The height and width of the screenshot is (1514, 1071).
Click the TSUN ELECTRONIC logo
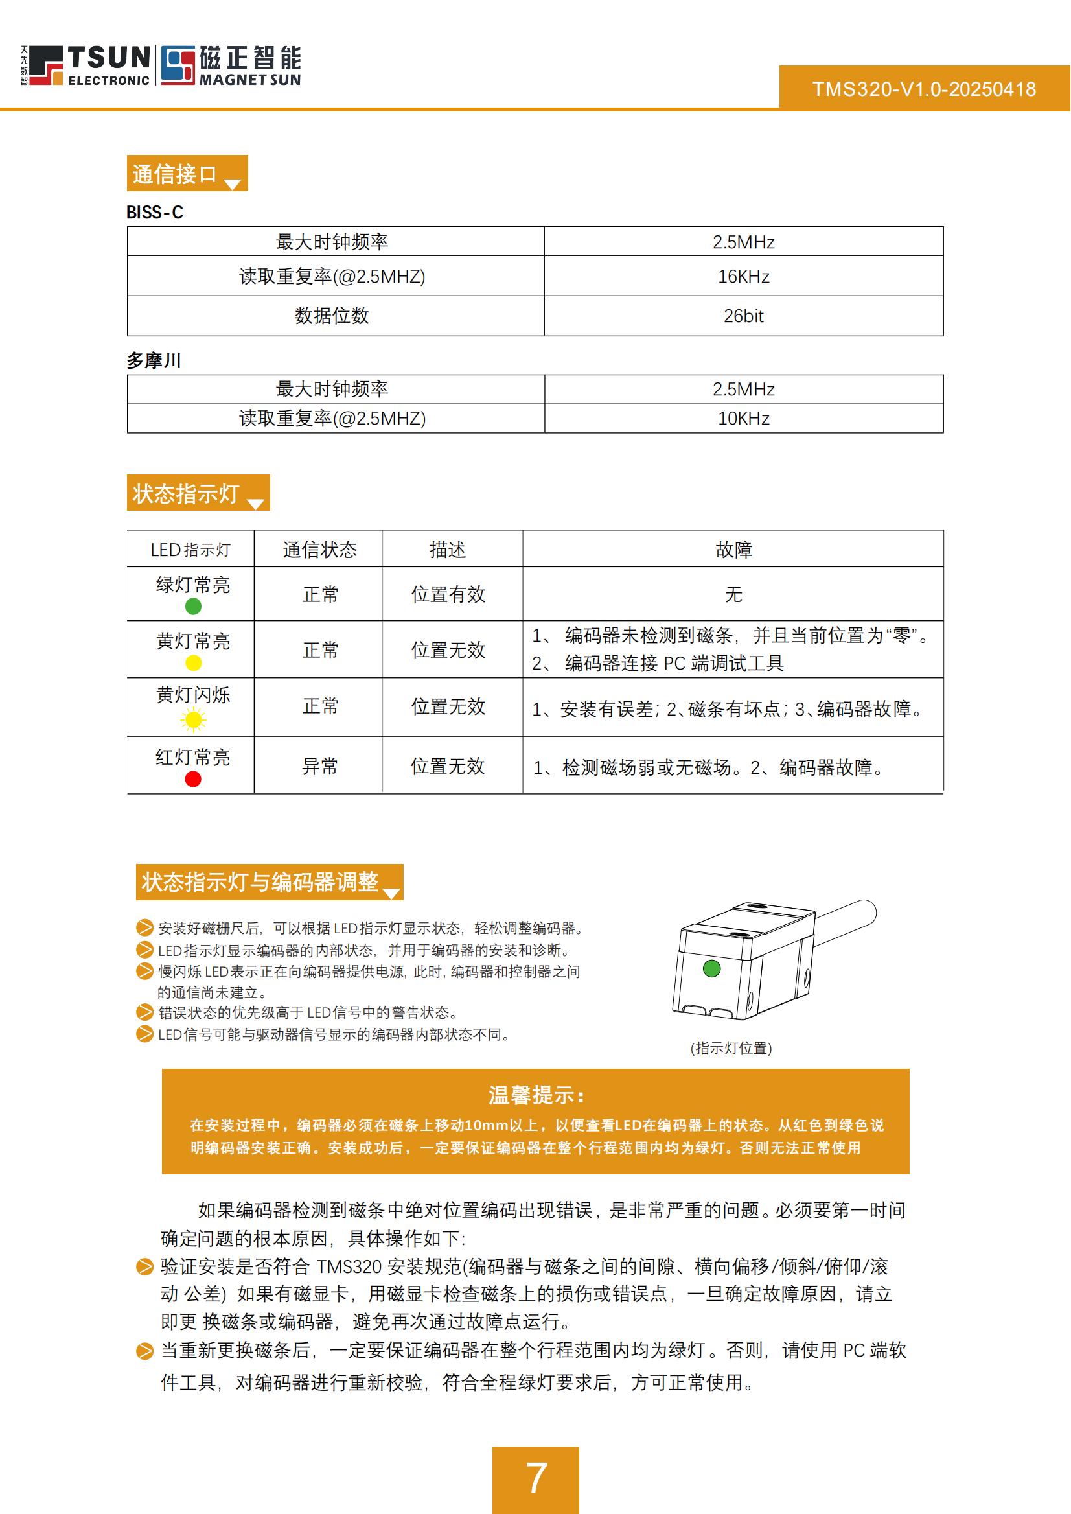tap(86, 65)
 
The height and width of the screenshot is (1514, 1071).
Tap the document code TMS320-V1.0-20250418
tap(923, 89)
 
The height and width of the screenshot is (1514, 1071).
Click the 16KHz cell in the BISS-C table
tap(743, 276)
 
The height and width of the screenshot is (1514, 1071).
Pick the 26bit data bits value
tap(743, 316)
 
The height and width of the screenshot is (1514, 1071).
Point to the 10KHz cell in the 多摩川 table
tap(743, 418)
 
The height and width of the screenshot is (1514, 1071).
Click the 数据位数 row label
tap(332, 316)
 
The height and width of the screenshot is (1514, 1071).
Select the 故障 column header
tap(733, 550)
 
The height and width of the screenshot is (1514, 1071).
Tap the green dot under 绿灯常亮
tap(193, 606)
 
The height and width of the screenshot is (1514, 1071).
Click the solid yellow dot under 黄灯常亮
tap(193, 663)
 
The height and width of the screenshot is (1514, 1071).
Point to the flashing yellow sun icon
tap(193, 719)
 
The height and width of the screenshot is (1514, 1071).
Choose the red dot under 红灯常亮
tap(193, 779)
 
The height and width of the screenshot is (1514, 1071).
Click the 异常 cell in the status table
tap(320, 766)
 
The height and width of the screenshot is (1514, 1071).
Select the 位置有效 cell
tap(448, 594)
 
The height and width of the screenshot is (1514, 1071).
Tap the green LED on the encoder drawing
tap(711, 968)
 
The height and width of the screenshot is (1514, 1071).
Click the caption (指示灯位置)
tap(731, 1048)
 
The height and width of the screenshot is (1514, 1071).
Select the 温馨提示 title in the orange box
tap(535, 1096)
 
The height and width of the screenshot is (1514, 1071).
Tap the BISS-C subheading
tap(155, 213)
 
